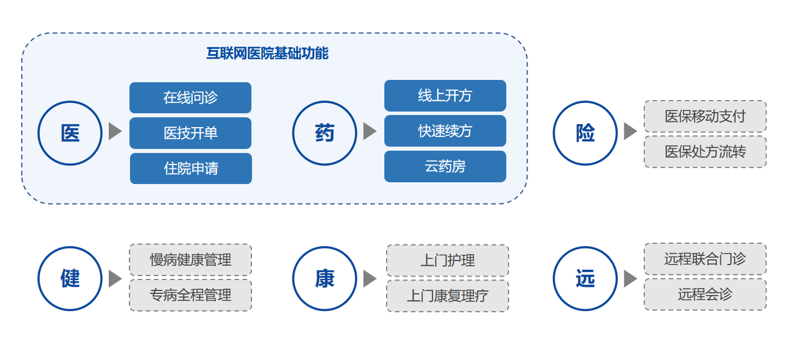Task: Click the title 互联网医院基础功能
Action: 267,53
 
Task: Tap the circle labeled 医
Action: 70,133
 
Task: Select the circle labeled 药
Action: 324,133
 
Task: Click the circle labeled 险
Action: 585,133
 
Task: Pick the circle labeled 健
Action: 70,278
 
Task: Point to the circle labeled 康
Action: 324,278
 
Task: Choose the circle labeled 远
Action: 585,278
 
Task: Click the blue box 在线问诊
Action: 190,98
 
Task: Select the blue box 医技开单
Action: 190,133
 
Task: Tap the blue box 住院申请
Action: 191,168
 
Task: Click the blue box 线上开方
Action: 445,95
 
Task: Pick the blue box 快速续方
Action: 445,131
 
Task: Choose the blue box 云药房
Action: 445,166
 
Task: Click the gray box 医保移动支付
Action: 705,116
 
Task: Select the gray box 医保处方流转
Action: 705,152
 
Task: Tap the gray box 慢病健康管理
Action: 190,259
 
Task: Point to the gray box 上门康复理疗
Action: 448,296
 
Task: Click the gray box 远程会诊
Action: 705,294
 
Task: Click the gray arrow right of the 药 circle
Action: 369,131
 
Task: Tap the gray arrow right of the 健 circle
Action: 115,278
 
